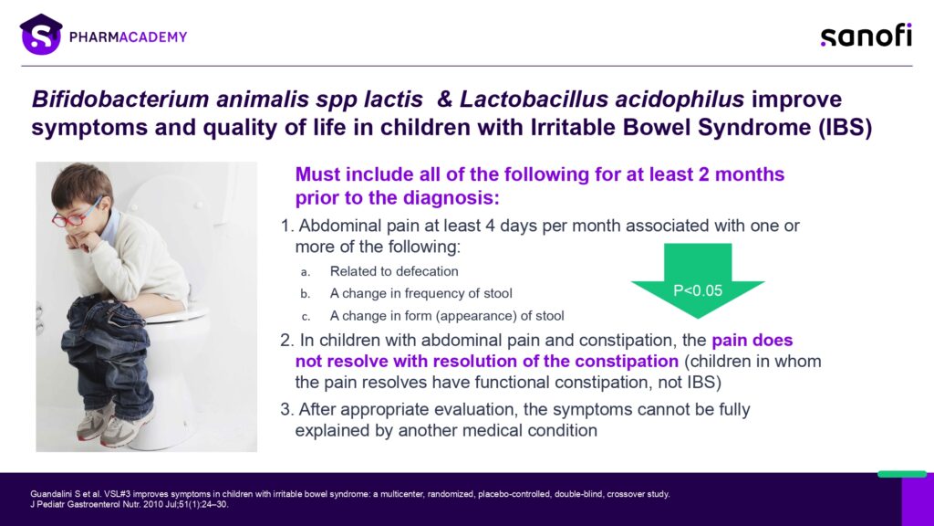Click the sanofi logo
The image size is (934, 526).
[x=865, y=36]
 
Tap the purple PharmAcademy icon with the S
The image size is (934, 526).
[x=40, y=36]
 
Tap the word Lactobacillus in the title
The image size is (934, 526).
[x=532, y=99]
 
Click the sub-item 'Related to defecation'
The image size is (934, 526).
[x=394, y=271]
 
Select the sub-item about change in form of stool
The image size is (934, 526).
[x=447, y=316]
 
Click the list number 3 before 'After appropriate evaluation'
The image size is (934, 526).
[x=286, y=409]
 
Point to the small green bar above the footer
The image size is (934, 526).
[x=901, y=474]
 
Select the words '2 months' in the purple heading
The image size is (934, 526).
[x=740, y=174]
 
